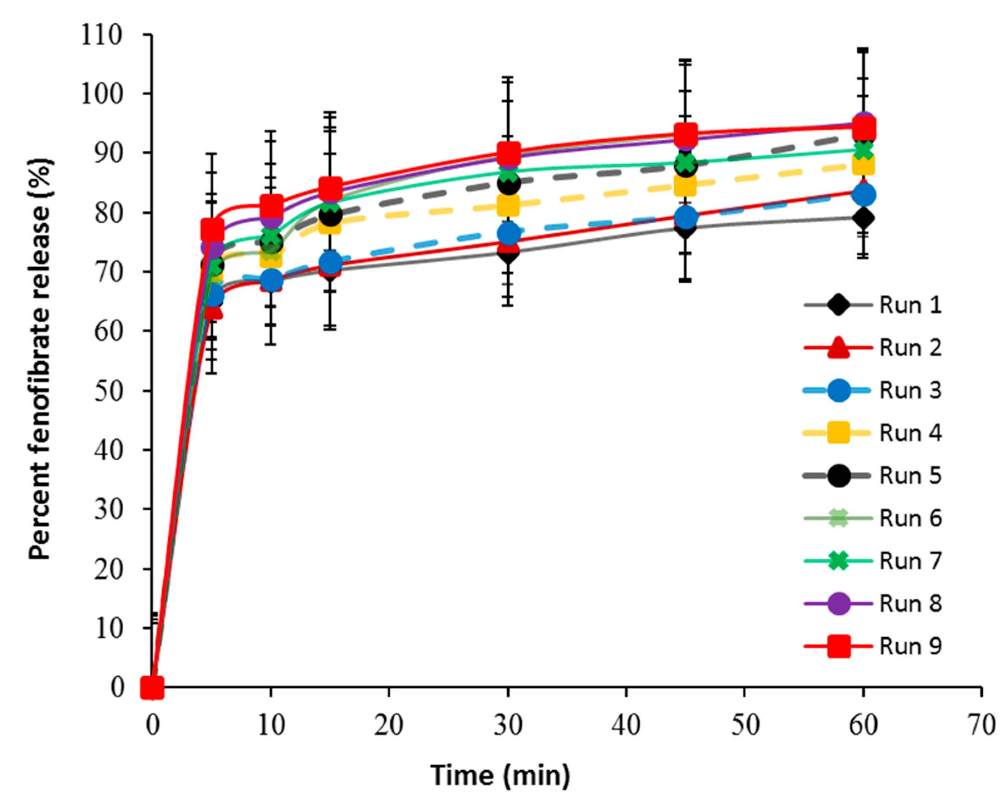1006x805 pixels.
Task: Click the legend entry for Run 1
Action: click(x=910, y=305)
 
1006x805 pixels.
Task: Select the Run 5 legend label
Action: click(x=910, y=476)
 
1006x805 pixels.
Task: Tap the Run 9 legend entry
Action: click(x=910, y=646)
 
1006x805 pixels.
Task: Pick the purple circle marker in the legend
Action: click(x=839, y=603)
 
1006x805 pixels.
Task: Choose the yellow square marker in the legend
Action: click(x=839, y=433)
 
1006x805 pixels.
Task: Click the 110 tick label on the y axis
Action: click(x=102, y=35)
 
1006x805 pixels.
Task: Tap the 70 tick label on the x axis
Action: click(x=982, y=725)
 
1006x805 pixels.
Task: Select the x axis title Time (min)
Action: click(x=500, y=776)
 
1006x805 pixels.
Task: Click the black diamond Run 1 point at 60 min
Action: click(x=864, y=218)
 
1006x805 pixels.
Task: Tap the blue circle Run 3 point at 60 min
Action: click(x=864, y=195)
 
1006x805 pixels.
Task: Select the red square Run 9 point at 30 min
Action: click(x=509, y=152)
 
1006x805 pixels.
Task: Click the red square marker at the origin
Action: click(x=152, y=687)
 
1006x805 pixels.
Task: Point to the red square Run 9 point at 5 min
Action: click(x=212, y=230)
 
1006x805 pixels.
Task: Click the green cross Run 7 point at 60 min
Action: click(x=864, y=150)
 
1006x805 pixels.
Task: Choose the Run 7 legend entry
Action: click(x=910, y=561)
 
